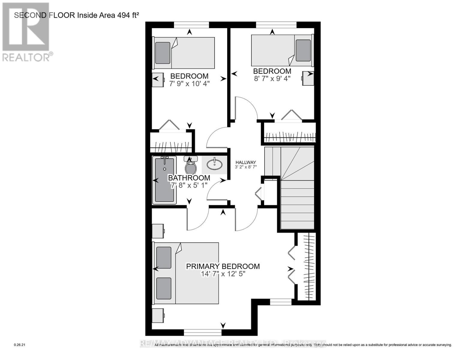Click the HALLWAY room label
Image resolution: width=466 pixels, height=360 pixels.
[245, 162]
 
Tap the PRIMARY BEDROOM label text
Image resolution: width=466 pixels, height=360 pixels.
[223, 266]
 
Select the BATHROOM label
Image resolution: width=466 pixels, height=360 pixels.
[189, 178]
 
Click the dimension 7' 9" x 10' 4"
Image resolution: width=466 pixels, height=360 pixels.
[189, 84]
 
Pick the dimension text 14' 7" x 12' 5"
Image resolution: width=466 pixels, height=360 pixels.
[223, 274]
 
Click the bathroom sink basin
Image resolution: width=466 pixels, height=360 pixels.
[215, 164]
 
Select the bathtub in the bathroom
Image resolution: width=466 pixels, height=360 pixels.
[164, 180]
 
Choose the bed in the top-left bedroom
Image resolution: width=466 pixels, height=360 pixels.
[184, 53]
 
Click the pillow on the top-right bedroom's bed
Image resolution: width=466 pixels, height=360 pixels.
[303, 50]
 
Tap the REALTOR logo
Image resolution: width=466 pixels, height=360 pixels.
[26, 31]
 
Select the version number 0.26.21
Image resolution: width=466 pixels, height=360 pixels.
[20, 345]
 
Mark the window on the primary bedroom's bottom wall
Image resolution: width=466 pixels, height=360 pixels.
[203, 332]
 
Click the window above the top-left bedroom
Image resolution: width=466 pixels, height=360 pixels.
[191, 25]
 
